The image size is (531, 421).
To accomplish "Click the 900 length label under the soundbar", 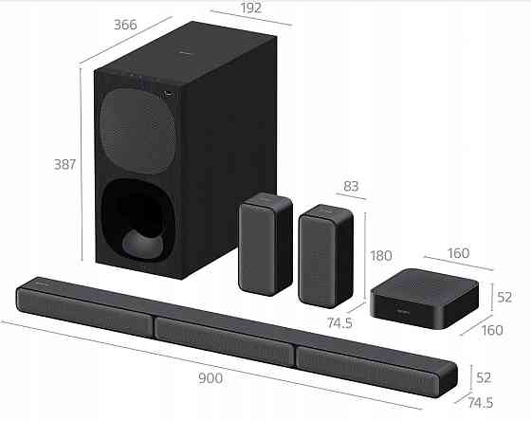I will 211,378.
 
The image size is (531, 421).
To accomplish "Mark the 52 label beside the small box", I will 504,296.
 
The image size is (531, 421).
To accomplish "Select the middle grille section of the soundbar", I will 224,335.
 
